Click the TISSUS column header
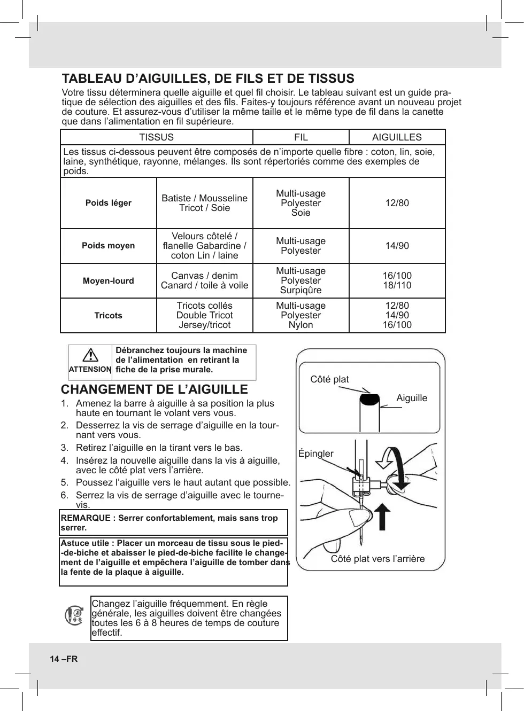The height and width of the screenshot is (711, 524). (156, 137)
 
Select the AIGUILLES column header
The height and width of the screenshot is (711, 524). (397, 137)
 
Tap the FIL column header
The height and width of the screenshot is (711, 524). (301, 137)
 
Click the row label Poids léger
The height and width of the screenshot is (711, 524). (109, 203)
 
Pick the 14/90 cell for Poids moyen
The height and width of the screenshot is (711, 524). (397, 246)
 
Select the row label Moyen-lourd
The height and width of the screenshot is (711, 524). (109, 280)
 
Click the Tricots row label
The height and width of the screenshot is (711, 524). (109, 315)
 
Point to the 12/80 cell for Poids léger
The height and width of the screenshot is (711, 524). (397, 203)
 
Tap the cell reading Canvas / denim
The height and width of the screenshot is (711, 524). (205, 276)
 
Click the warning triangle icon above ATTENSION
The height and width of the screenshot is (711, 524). (90, 355)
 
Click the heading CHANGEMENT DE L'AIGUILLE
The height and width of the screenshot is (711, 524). (155, 389)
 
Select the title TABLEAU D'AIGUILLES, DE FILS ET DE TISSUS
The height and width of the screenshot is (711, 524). (208, 79)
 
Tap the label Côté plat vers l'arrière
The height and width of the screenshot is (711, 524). (377, 559)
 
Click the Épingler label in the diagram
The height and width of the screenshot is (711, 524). (316, 454)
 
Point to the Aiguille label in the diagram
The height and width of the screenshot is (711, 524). (412, 398)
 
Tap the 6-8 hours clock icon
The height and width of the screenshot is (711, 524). (74, 615)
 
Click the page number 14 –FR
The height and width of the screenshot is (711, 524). (64, 659)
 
